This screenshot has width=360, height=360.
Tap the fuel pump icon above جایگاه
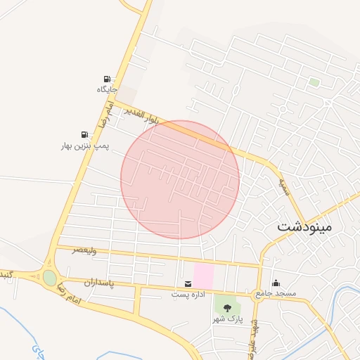107,79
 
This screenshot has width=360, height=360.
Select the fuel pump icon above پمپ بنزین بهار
84,134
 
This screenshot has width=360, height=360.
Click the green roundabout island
49,278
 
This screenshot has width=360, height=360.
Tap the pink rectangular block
203,275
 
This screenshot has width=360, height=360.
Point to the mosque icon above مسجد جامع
275,283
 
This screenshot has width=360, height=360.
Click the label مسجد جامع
276,292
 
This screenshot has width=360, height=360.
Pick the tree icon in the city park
227,309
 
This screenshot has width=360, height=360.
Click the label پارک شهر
228,319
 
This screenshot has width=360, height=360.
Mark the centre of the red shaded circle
180,179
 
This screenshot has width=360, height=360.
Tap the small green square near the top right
314,82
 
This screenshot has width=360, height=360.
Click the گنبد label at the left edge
6,274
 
